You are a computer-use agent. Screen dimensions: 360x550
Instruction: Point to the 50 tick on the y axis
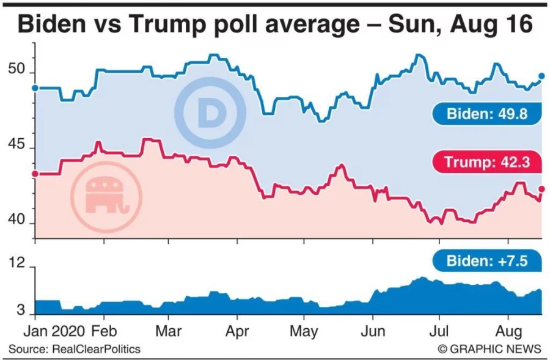(x=17, y=71)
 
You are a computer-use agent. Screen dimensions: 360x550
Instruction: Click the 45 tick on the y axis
(x=17, y=147)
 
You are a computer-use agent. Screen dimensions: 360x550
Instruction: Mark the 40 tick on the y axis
(x=17, y=222)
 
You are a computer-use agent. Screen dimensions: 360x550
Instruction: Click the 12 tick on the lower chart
(x=17, y=265)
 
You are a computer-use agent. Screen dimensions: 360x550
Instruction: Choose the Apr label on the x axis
(x=237, y=331)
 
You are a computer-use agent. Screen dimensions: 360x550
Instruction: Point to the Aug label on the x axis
(x=508, y=331)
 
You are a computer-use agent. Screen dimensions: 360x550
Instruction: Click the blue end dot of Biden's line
(x=541, y=76)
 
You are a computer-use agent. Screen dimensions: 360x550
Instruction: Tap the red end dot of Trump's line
(x=541, y=189)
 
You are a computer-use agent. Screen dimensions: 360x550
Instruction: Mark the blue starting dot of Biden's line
(x=35, y=88)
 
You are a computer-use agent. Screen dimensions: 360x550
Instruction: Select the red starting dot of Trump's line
(x=35, y=174)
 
